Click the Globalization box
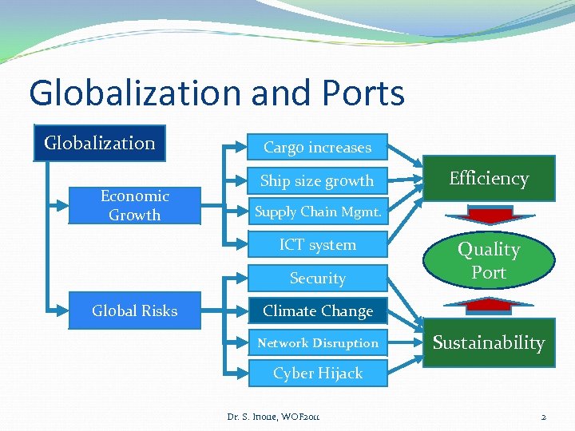tap(99, 144)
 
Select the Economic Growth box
tap(134, 205)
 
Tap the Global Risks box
tap(134, 310)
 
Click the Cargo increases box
tap(317, 148)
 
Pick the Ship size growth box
tap(317, 181)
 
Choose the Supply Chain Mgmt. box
tap(317, 212)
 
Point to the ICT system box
tap(317, 245)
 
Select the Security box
tap(317, 279)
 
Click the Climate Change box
tap(317, 311)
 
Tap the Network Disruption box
tap(317, 343)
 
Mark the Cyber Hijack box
tap(317, 374)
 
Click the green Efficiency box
tap(488, 179)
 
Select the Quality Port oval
tap(488, 261)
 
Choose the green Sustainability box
tap(488, 343)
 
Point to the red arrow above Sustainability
tap(488, 305)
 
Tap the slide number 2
tap(543, 417)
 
